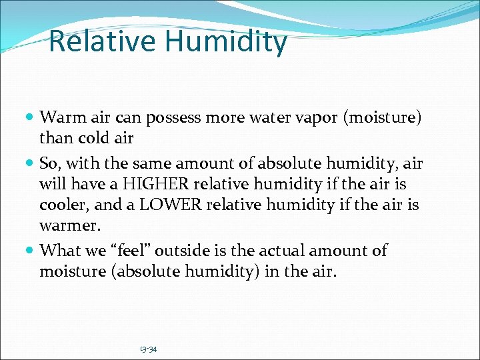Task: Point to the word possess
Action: point(176,118)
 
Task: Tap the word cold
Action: point(94,138)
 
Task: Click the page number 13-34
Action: point(149,349)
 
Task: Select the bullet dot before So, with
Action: point(31,163)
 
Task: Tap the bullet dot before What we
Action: point(31,251)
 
